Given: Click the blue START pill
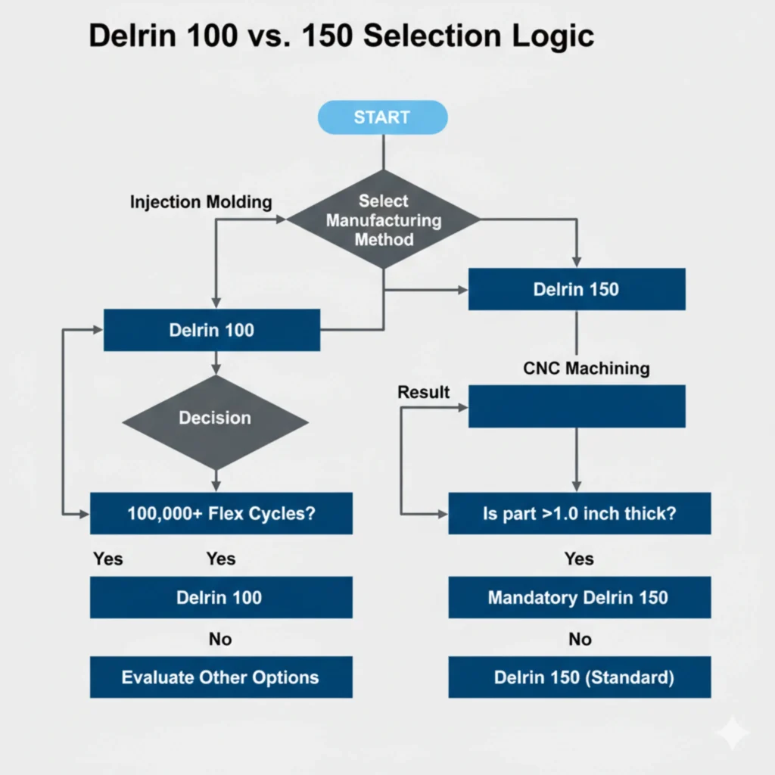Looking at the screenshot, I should point(382,117).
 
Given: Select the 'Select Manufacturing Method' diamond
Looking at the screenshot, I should point(384,220).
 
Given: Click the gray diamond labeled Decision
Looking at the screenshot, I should point(215,418).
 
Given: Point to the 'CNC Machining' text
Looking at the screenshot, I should point(586,369).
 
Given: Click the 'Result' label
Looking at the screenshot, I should point(423,392).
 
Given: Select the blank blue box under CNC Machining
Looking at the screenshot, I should point(577,406).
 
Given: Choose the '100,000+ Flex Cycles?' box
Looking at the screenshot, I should point(221,513).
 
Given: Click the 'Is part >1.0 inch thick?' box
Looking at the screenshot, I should point(579,513).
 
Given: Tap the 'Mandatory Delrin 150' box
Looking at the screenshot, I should point(579,597).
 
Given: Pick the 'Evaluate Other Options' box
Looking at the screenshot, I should point(221,677).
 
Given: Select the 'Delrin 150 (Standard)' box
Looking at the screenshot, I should point(579,677).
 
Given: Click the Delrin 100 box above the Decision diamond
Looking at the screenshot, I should point(211,330).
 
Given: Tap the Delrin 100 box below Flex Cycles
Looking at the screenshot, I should point(221,597).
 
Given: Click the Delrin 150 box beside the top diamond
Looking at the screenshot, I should point(577,289).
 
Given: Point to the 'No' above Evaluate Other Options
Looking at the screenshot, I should point(220,640).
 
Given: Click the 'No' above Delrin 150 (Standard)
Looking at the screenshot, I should point(580,640).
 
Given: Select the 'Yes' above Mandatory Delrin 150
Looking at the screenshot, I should point(579,559).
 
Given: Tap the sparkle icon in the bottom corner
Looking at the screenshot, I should point(733,733).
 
